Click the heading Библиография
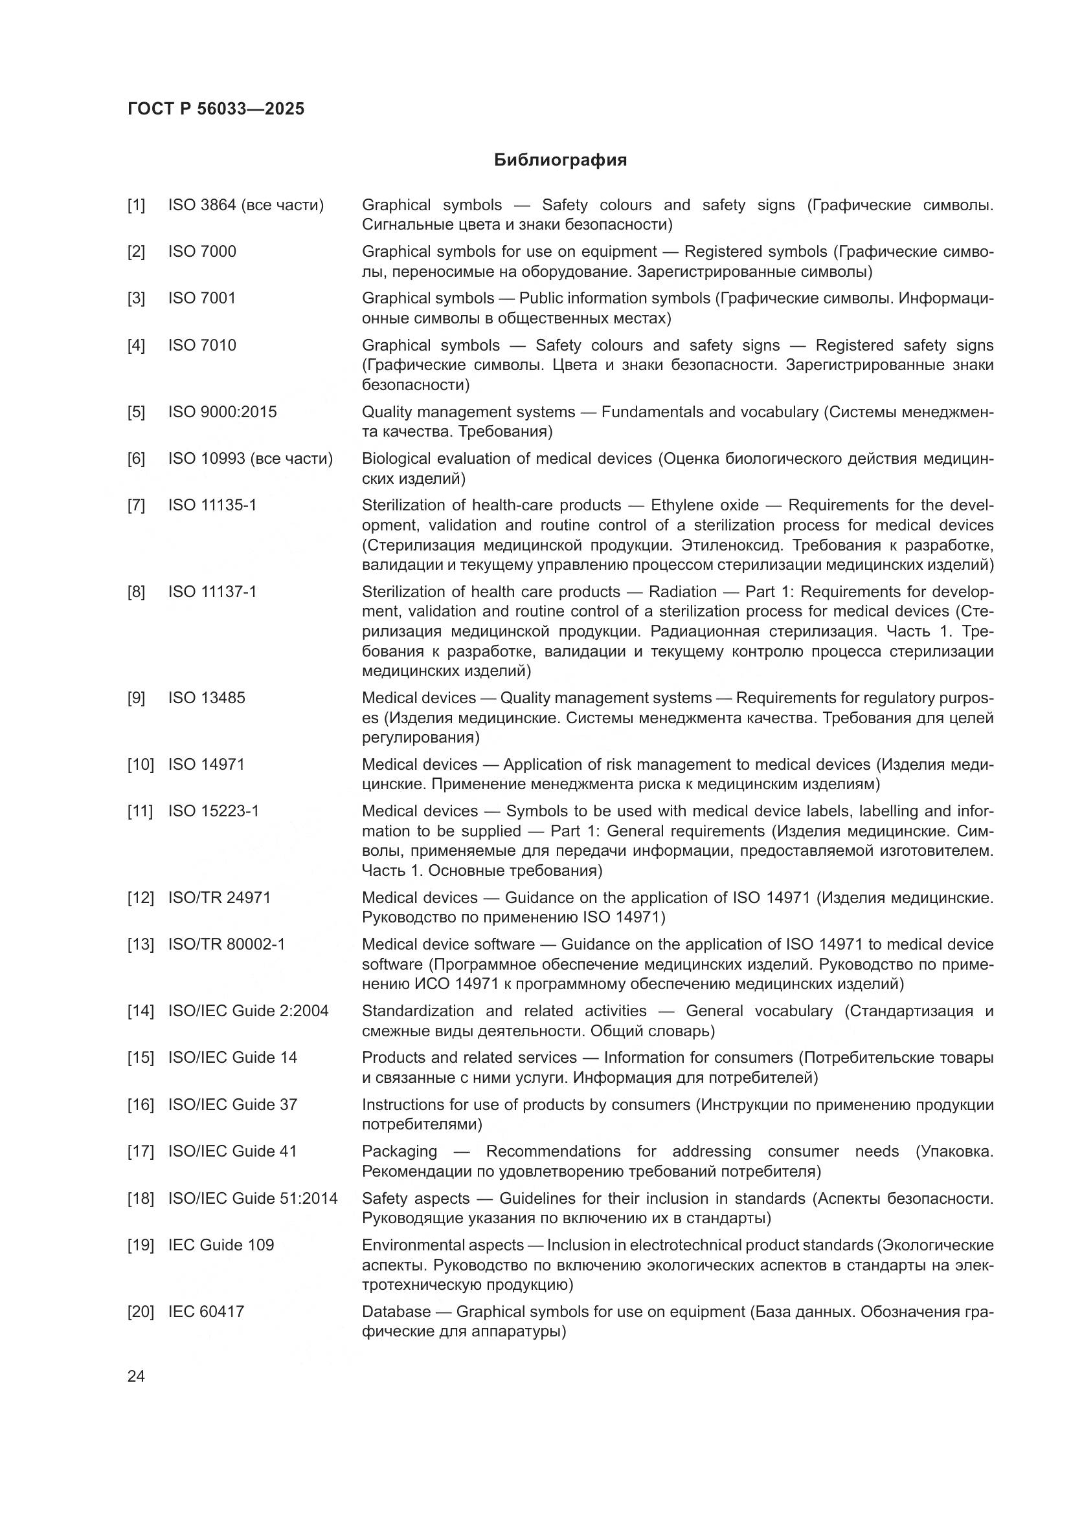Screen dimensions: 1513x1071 (x=560, y=160)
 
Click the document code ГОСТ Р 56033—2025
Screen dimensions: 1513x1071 (x=216, y=109)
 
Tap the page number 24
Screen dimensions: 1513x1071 (x=136, y=1376)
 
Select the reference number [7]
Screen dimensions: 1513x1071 (x=136, y=505)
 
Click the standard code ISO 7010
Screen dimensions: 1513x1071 (x=202, y=345)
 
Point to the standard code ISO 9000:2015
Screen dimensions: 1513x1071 (x=222, y=412)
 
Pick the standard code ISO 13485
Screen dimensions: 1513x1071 (x=207, y=698)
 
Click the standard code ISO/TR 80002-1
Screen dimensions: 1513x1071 (x=226, y=944)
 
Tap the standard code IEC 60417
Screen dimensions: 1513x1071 (x=206, y=1311)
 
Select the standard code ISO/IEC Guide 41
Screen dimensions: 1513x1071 (x=232, y=1151)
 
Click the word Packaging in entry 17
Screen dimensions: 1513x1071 (x=399, y=1151)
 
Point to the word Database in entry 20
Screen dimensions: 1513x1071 (x=396, y=1311)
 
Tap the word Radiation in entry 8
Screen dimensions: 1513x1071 (x=682, y=592)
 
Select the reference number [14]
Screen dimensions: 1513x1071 (x=140, y=1011)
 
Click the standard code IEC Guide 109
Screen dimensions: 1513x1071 (x=220, y=1245)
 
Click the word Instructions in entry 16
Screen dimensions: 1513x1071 (x=403, y=1104)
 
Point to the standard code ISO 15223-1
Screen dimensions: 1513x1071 (x=213, y=811)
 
